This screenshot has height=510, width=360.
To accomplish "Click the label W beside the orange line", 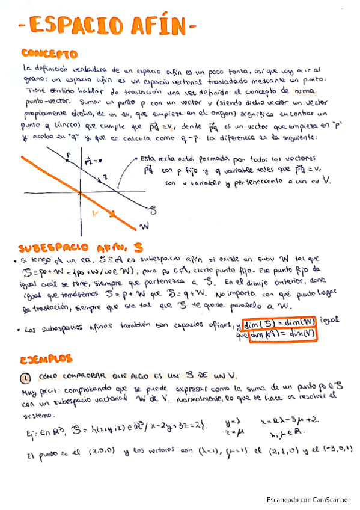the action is [145, 226].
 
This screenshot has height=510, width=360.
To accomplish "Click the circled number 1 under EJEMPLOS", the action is [25, 377].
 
